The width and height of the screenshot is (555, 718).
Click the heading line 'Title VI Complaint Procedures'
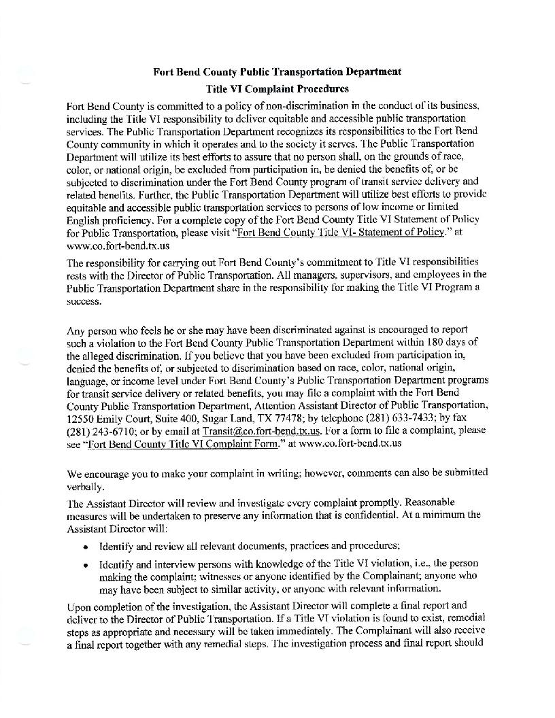[277, 88]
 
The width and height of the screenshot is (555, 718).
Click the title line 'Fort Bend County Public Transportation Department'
[277, 71]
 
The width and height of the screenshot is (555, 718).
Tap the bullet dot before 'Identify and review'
[85, 547]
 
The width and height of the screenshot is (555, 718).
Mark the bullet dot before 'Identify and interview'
[85, 564]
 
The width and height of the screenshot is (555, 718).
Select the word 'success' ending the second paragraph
[82, 300]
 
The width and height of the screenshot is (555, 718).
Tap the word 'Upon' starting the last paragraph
[78, 605]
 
